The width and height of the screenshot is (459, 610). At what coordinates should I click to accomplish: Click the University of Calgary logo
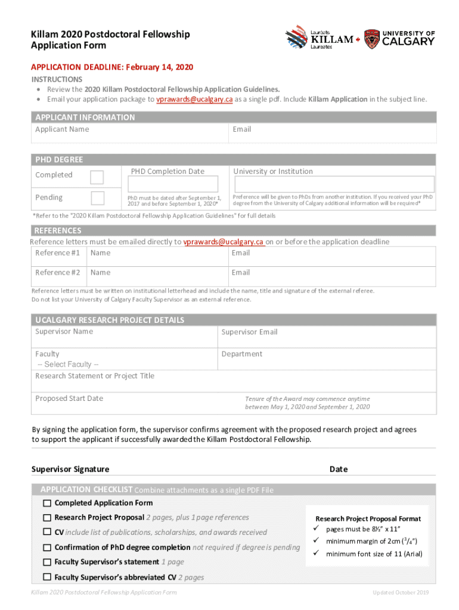tap(399, 38)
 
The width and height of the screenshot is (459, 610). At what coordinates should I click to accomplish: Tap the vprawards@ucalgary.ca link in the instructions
tap(194, 99)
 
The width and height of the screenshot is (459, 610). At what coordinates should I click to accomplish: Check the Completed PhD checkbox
tap(97, 177)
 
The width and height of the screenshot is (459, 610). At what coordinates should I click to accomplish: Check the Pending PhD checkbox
tap(97, 198)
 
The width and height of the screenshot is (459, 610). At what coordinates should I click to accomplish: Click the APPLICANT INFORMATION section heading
tap(85, 117)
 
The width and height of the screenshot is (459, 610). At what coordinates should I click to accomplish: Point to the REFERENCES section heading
tap(58, 231)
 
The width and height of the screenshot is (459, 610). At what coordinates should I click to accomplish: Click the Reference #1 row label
tap(58, 253)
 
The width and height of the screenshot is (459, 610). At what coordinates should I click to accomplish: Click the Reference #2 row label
tap(58, 273)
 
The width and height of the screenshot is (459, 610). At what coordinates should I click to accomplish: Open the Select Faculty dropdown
tap(68, 365)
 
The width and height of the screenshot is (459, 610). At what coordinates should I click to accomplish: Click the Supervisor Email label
tap(249, 332)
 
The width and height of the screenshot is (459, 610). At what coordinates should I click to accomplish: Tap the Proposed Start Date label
tap(69, 399)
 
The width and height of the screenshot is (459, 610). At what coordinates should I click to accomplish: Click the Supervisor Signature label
tap(70, 469)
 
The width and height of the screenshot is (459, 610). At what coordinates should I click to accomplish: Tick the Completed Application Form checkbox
tap(47, 503)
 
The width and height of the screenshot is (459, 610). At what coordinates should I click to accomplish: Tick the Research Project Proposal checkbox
tap(47, 518)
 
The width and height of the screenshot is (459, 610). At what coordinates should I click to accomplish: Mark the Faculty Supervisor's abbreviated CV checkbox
tap(47, 577)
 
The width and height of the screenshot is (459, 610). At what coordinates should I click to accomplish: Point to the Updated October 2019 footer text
tap(401, 593)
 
